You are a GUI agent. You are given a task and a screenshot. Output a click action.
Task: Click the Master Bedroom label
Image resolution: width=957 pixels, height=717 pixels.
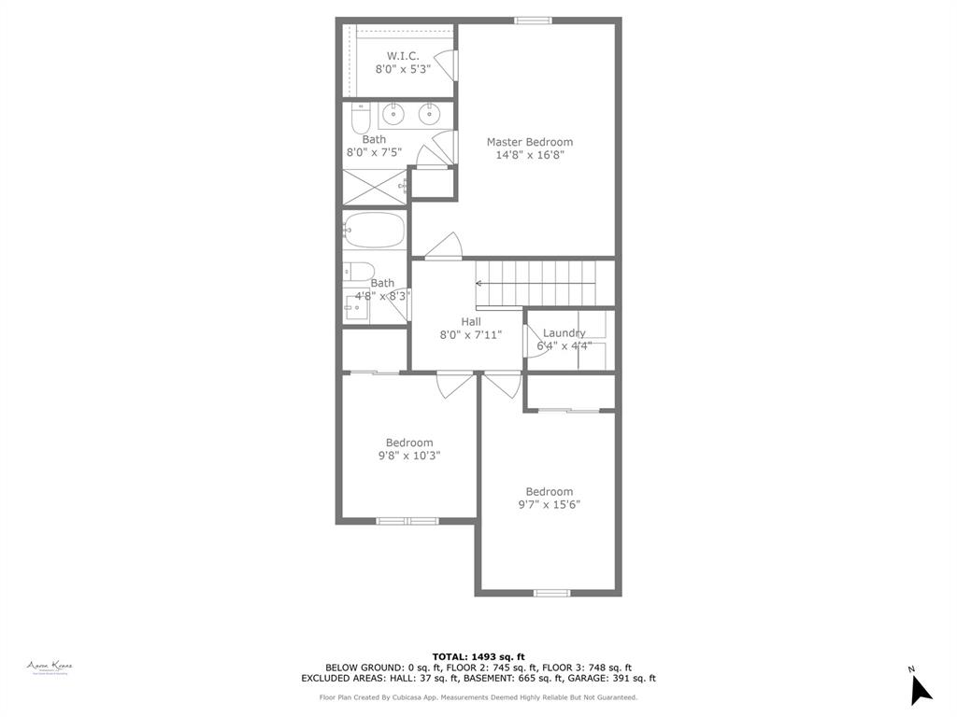529,142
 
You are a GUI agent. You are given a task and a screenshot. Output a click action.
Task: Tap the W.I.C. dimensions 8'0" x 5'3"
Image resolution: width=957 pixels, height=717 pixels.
403,69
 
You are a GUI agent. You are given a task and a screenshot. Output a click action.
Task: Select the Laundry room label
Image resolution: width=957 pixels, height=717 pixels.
564,333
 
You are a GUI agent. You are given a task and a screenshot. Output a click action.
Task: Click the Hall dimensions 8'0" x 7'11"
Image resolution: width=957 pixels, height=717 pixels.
471,334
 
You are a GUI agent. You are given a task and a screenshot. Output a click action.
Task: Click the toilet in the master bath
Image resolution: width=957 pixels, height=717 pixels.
361,119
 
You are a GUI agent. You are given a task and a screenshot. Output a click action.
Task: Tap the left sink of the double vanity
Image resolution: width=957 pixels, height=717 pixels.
393,116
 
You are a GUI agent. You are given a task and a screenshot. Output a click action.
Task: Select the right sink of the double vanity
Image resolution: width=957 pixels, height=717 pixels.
429,116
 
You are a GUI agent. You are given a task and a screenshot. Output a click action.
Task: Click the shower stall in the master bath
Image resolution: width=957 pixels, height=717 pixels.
374,187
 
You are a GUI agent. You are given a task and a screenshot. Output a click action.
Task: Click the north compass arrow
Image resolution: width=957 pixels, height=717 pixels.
920,689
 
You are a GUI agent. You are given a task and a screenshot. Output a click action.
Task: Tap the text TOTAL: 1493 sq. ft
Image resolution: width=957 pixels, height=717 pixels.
478,656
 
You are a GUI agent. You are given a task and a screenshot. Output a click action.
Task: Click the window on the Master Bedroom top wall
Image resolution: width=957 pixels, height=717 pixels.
533,21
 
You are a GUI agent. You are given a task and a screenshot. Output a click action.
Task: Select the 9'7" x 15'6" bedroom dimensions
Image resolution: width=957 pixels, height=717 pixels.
549,505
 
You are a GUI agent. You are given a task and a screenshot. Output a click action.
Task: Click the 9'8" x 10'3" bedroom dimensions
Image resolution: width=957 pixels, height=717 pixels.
409,456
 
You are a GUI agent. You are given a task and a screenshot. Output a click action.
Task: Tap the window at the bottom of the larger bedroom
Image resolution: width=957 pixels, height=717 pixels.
551,592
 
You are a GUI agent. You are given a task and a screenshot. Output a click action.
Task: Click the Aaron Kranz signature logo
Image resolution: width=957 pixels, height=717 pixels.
50,667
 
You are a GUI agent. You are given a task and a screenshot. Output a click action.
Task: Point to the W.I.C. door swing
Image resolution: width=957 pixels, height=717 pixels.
448,64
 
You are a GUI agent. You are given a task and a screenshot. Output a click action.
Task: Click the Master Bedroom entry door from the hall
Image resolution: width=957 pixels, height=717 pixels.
444,246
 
